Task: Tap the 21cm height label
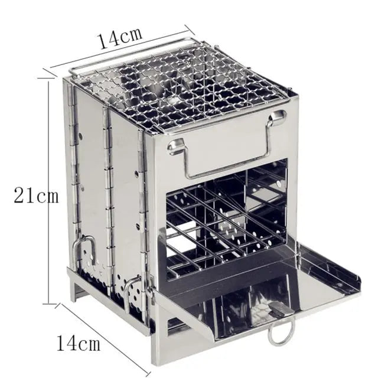tap(36, 195)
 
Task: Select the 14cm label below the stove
tap(79, 342)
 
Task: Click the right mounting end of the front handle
tap(275, 119)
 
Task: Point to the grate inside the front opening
tap(224, 221)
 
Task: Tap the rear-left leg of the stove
tap(73, 289)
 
